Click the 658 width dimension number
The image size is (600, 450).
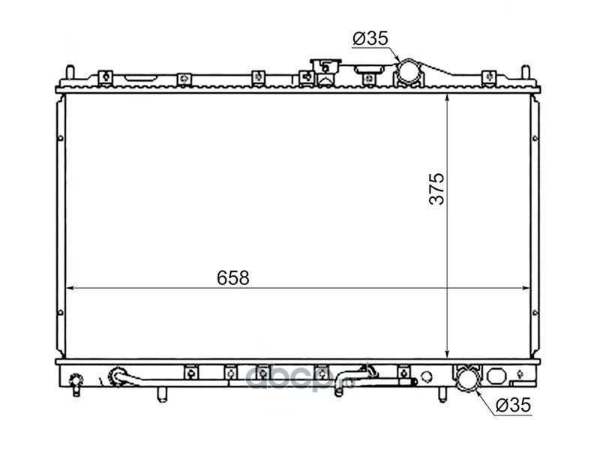(233, 277)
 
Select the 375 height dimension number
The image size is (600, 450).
(438, 188)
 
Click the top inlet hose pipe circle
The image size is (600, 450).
(409, 72)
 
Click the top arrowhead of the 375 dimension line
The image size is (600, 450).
(447, 99)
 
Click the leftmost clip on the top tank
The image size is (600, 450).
(106, 76)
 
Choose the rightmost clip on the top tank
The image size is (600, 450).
(488, 76)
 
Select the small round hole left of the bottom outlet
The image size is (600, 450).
(427, 375)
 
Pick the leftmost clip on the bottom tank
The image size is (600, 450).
(190, 371)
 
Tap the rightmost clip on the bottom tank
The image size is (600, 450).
(404, 371)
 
